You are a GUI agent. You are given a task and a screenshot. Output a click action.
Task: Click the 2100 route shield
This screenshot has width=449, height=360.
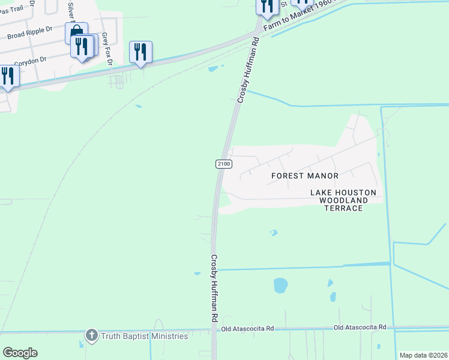(x=222, y=164)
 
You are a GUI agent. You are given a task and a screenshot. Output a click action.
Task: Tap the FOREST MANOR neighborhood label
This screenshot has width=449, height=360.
(x=305, y=176)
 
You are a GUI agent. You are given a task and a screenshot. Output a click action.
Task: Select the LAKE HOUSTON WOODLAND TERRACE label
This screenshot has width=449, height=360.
(x=343, y=200)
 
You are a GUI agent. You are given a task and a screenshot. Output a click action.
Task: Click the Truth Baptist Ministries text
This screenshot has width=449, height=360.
(x=144, y=336)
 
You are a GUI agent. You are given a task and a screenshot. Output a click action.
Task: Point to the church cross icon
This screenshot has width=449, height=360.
(x=91, y=335)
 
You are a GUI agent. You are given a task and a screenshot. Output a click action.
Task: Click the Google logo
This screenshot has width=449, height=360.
(x=20, y=353)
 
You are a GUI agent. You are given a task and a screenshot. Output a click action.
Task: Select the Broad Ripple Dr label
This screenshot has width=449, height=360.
(x=30, y=32)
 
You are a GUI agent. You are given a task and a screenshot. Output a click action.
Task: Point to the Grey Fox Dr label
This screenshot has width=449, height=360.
(x=107, y=49)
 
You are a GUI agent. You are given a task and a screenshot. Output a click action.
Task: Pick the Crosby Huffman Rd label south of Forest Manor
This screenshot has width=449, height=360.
(x=214, y=289)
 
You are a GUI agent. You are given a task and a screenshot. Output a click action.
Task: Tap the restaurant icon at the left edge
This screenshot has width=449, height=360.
(x=8, y=76)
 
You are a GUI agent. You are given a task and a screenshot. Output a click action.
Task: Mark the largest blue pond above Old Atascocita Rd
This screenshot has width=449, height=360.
(x=280, y=285)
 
